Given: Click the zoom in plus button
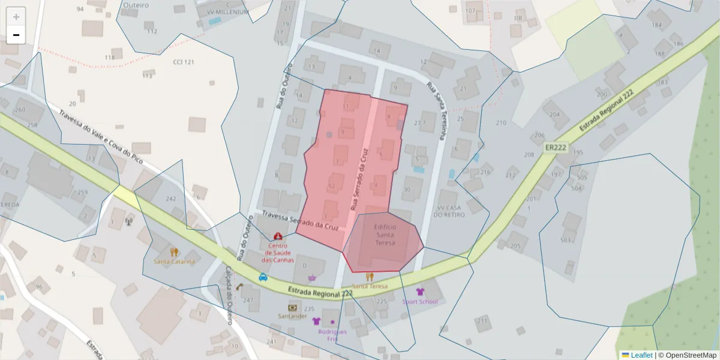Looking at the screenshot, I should [16, 17].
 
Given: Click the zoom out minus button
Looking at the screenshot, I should [16, 35].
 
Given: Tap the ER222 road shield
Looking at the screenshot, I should [556, 147].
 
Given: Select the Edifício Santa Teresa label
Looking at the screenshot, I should [385, 235].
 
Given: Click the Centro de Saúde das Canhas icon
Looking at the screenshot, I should [278, 237].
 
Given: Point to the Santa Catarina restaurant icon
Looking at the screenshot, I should [174, 252].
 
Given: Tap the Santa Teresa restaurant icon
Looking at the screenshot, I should [370, 277].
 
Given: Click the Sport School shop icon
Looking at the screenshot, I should [420, 292].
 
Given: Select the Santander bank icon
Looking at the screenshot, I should [292, 307].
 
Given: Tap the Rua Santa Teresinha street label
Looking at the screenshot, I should [436, 111].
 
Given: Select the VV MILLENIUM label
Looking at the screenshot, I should [228, 12].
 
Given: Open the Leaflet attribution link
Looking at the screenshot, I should [641, 355].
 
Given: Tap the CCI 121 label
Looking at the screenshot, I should [184, 62].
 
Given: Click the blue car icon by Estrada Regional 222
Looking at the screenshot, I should [263, 277].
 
